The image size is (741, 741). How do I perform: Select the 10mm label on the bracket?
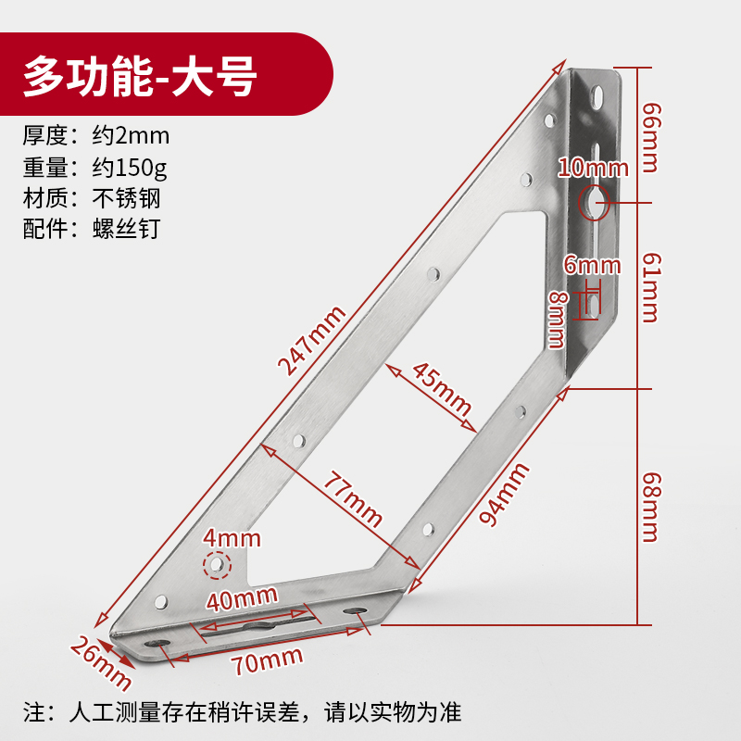click(593, 168)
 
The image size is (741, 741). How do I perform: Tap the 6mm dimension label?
click(592, 266)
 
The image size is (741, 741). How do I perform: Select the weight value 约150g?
click(129, 168)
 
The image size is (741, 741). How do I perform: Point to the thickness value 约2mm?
click(131, 136)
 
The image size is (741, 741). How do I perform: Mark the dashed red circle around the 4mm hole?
click(217, 564)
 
